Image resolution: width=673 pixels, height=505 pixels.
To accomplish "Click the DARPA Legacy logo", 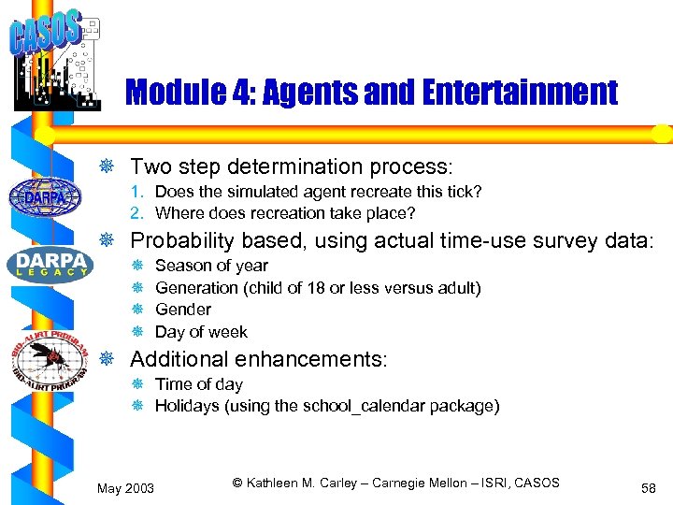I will point(49,263).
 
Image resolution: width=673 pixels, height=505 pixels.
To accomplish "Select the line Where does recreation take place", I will point(285,213).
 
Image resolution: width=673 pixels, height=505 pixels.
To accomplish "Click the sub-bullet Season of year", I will point(211,266).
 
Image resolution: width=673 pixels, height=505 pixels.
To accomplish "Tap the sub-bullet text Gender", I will point(183,310).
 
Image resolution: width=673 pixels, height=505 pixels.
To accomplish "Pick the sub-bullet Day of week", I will point(201,332).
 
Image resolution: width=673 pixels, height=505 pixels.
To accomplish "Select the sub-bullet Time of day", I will point(198,384).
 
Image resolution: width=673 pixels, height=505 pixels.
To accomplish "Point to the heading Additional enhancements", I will point(258,359).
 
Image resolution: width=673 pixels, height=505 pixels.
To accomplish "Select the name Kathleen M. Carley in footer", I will point(301,483).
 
